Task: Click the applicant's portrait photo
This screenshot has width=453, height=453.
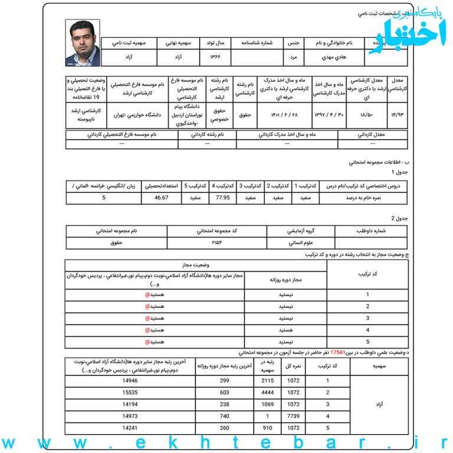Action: coord(82,42)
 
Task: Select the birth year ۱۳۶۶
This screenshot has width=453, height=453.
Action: coord(216,58)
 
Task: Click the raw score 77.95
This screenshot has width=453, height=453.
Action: coord(222,198)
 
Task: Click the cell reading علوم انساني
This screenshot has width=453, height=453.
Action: coord(300,242)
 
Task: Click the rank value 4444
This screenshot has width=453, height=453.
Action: coord(267,392)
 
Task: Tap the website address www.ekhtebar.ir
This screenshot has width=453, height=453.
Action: coord(226,442)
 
